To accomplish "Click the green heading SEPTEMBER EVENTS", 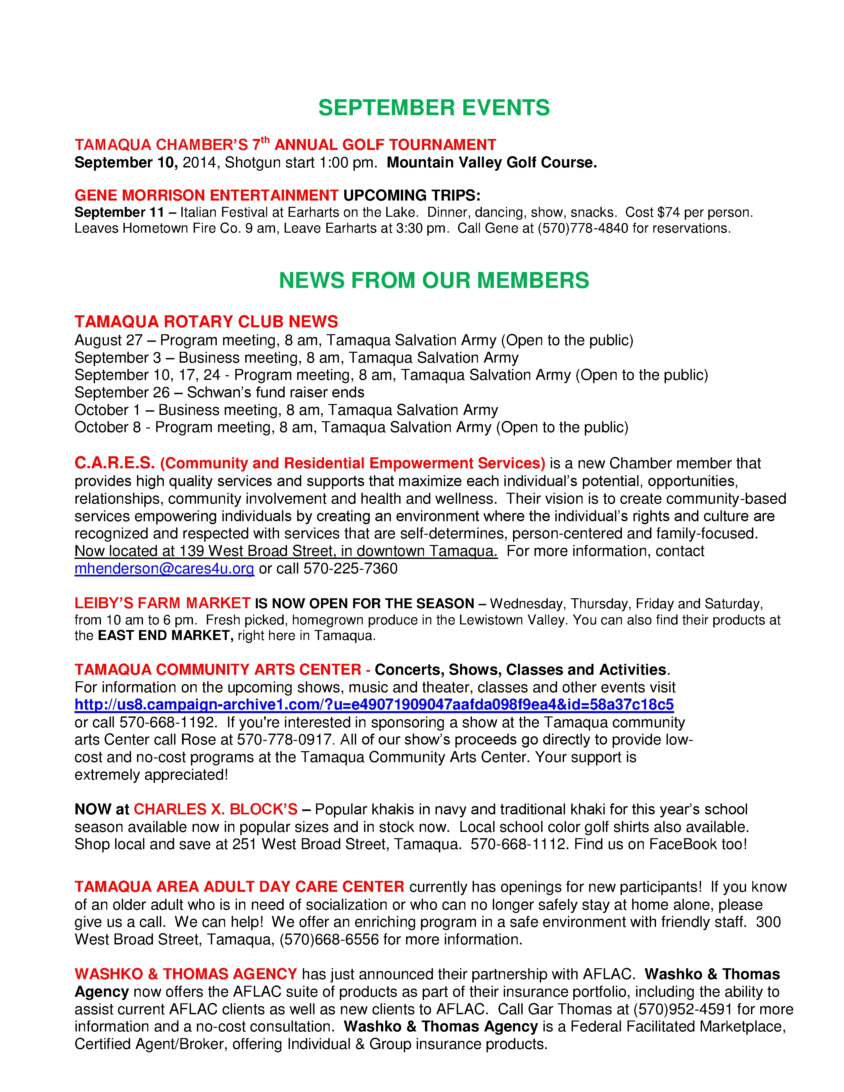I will pos(434,108).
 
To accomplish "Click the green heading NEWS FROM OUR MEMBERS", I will pos(434,281).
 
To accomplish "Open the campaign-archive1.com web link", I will pos(374,705).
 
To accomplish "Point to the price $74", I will pos(668,212).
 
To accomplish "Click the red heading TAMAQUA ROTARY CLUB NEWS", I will pos(206,322).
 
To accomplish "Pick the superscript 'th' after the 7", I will pos(265,140).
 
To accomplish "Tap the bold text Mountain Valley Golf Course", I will pos(492,162).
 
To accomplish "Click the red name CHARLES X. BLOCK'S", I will pos(215,809).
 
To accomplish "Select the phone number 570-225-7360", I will pos(351,569).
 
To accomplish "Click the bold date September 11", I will pos(119,212).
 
